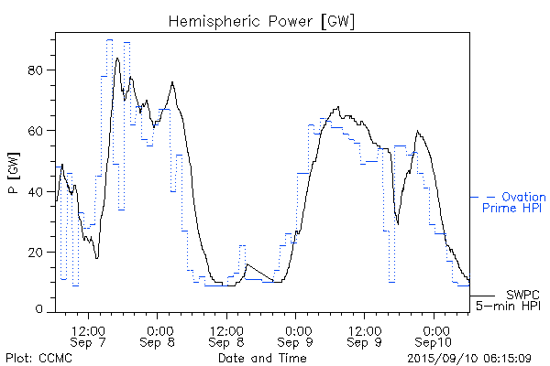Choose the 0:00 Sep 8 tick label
[x=159, y=334]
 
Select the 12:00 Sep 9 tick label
[x=365, y=334]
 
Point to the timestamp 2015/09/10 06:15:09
[x=470, y=358]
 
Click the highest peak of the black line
[x=117, y=58]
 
